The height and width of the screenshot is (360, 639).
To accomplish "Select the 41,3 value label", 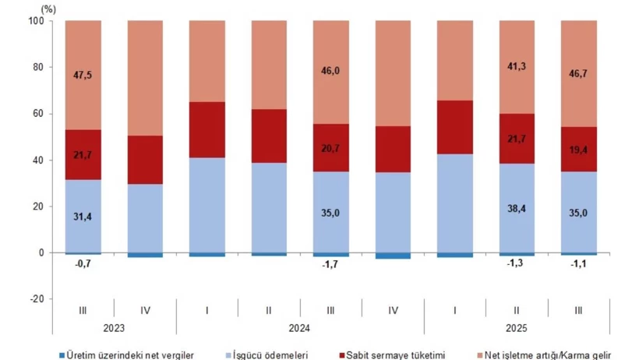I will pyautogui.click(x=517, y=69).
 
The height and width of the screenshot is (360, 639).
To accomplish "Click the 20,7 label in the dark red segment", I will pyautogui.click(x=331, y=147).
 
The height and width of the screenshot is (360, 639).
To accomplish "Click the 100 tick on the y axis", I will pyautogui.click(x=36, y=20).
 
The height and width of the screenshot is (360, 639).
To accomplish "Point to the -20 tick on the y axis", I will pyautogui.click(x=36, y=299).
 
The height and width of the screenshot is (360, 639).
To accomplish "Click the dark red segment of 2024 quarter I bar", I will pyautogui.click(x=207, y=130).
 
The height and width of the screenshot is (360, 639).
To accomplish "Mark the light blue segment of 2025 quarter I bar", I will pyautogui.click(x=455, y=203).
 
